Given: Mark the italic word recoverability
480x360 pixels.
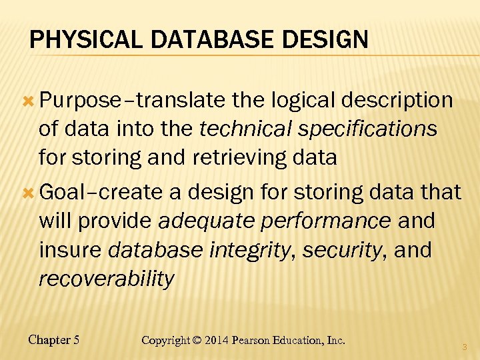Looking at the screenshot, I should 107,279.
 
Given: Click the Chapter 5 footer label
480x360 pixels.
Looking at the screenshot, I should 54,340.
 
